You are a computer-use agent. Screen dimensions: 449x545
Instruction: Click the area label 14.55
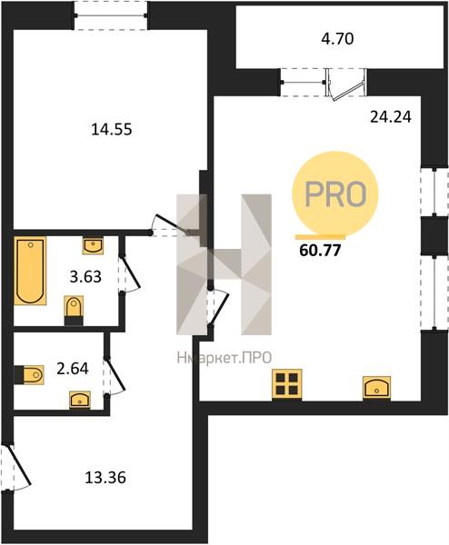click(x=111, y=130)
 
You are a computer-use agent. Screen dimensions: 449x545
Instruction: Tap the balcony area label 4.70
click(x=337, y=38)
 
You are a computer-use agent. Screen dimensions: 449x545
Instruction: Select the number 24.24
click(x=391, y=117)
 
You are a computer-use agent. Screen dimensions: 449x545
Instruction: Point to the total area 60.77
click(x=320, y=251)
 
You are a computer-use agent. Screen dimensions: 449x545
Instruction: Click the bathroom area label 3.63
click(x=85, y=277)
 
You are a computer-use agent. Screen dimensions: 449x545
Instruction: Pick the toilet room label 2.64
click(x=73, y=369)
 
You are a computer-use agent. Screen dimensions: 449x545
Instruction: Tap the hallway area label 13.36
click(x=105, y=478)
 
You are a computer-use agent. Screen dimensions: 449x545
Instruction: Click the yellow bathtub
click(x=30, y=271)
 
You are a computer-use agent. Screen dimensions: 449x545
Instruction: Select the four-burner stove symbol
click(x=287, y=384)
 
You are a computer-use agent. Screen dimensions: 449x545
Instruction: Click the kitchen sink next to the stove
click(x=376, y=387)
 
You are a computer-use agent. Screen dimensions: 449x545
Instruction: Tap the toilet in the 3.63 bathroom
click(x=75, y=310)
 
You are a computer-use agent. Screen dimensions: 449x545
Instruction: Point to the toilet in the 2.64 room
click(x=30, y=374)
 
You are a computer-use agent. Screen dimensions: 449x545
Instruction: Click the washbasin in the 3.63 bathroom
click(x=93, y=245)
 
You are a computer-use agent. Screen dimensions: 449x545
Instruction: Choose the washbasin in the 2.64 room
click(x=80, y=400)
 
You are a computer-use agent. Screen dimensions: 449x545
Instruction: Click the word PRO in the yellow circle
click(x=335, y=193)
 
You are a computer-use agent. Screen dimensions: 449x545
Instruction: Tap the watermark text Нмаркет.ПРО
click(x=224, y=358)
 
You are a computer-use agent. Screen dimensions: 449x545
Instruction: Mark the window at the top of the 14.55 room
click(x=111, y=15)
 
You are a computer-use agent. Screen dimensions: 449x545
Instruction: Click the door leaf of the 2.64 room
click(x=115, y=373)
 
